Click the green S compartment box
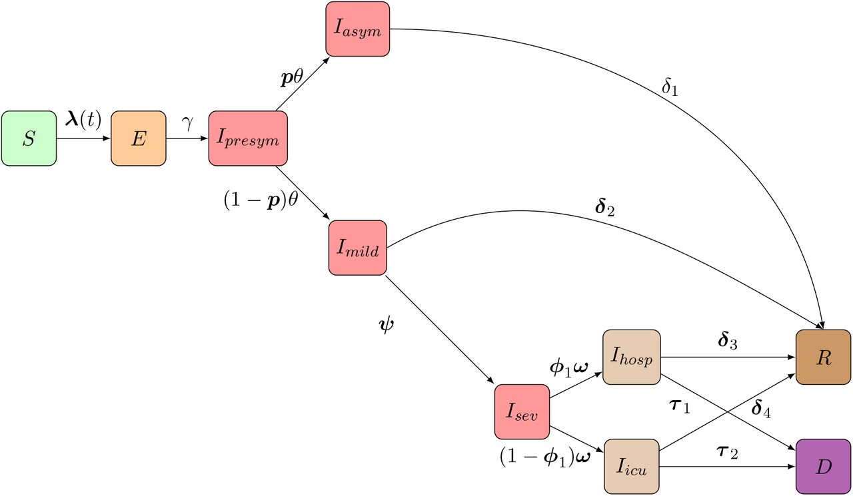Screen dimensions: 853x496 (29, 138)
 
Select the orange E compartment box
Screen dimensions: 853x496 (139, 138)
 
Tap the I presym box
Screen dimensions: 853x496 (248, 138)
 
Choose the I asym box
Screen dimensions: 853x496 (358, 29)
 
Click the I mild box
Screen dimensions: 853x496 (358, 248)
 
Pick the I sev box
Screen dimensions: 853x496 (522, 412)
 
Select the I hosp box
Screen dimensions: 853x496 (631, 357)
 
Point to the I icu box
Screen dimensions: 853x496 (631, 467)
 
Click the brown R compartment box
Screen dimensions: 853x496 (823, 357)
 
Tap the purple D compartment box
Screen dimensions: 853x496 (823, 467)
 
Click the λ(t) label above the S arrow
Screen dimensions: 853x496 (83, 121)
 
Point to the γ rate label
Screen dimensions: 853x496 (187, 123)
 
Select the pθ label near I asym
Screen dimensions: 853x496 (292, 78)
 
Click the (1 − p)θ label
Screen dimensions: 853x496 (261, 200)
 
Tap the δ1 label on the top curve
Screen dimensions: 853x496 (670, 87)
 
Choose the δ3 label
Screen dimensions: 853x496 (727, 340)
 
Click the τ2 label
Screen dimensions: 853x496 (727, 452)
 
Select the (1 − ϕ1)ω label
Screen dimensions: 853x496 (545, 456)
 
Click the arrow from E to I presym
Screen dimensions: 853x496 (187, 138)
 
